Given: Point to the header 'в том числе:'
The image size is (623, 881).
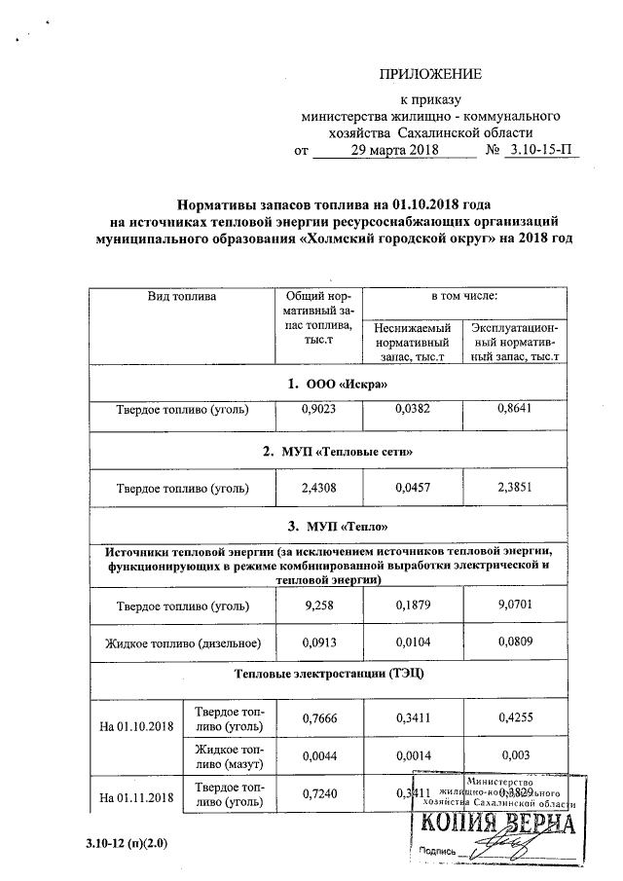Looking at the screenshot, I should (x=464, y=295).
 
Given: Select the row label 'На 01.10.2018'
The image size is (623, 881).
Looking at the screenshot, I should (x=137, y=727).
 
